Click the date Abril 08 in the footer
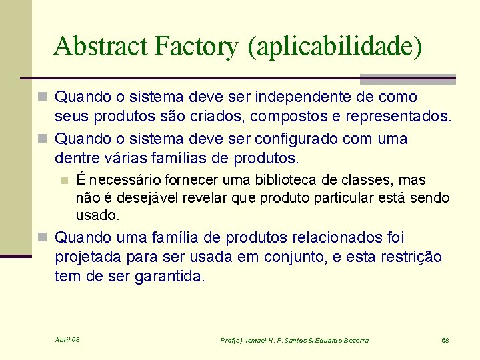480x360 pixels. pyautogui.click(x=67, y=340)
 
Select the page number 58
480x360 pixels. pyautogui.click(x=445, y=340)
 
